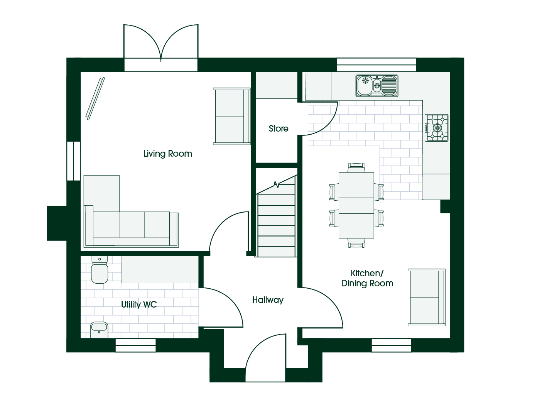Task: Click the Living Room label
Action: [x=167, y=154]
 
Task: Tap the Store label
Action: [x=279, y=129]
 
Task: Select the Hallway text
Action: [x=268, y=300]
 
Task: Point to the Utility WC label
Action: [x=139, y=304]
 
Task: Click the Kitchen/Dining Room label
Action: [x=367, y=278]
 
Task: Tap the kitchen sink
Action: [x=377, y=86]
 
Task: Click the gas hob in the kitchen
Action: [x=436, y=128]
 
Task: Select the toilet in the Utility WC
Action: [x=100, y=270]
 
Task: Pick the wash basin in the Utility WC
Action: [x=99, y=330]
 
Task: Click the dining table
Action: [x=356, y=205]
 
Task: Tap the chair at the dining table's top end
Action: [x=356, y=167]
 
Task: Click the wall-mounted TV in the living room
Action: [x=95, y=99]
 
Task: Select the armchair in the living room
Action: [x=232, y=116]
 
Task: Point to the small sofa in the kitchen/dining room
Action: [x=427, y=298]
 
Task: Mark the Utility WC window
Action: [x=135, y=345]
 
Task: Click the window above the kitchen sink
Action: [x=376, y=65]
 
